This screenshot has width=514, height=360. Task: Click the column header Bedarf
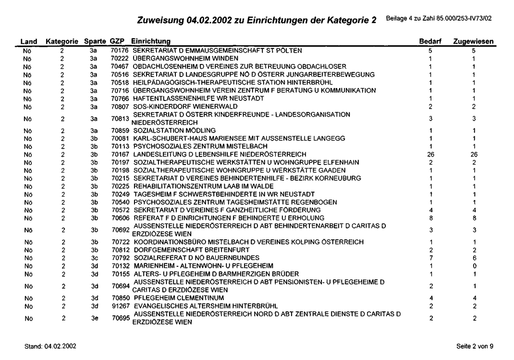[x=430, y=43]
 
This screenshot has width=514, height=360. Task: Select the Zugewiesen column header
[x=473, y=43]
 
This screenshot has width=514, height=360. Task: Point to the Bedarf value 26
[x=430, y=154]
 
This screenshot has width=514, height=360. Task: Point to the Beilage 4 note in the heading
[x=440, y=19]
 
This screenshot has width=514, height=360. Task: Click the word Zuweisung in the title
[x=160, y=20]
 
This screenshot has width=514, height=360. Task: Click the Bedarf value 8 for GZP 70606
[x=430, y=217]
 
